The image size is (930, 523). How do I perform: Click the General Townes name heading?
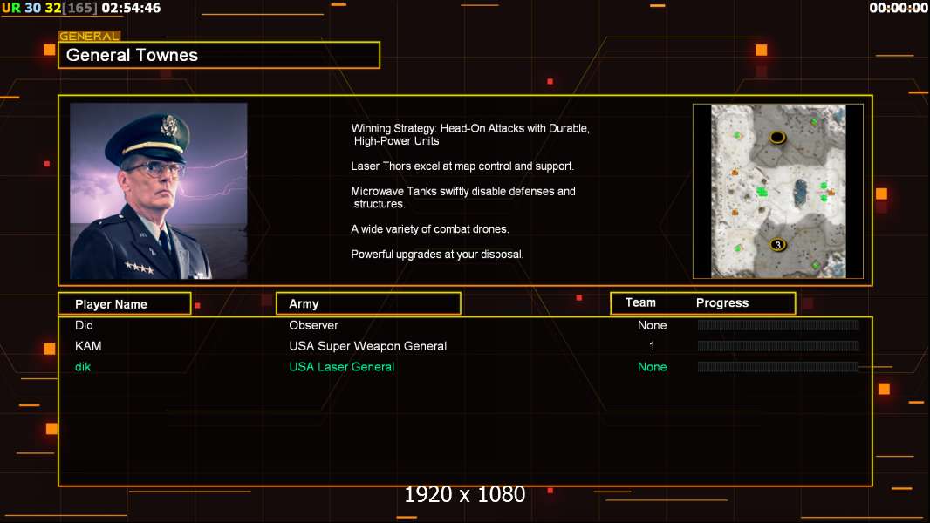[x=132, y=55]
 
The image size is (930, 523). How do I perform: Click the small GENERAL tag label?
[x=89, y=36]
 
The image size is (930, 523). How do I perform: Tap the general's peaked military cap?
[x=149, y=137]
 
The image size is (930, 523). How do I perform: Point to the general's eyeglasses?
[x=154, y=170]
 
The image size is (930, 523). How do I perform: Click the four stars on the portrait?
[x=140, y=268]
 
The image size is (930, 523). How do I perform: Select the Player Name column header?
[x=111, y=304]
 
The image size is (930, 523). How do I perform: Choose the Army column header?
[x=304, y=304]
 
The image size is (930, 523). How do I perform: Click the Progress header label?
[x=721, y=302]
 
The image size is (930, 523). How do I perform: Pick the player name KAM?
[x=88, y=346]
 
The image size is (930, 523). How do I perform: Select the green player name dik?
[x=82, y=367]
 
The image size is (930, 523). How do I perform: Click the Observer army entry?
[x=313, y=325]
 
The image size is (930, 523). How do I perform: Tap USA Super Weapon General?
[x=368, y=346]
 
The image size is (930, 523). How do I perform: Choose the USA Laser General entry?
[x=342, y=367]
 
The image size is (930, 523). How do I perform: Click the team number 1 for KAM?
[x=652, y=346]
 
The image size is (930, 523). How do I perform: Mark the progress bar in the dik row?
[x=778, y=367]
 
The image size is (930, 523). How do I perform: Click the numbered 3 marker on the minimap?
[x=777, y=245]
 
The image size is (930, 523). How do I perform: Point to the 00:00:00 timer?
[x=898, y=8]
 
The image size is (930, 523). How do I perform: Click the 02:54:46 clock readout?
[x=131, y=8]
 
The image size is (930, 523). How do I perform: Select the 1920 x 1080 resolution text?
[x=465, y=494]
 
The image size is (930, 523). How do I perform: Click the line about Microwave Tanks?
[x=463, y=197]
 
